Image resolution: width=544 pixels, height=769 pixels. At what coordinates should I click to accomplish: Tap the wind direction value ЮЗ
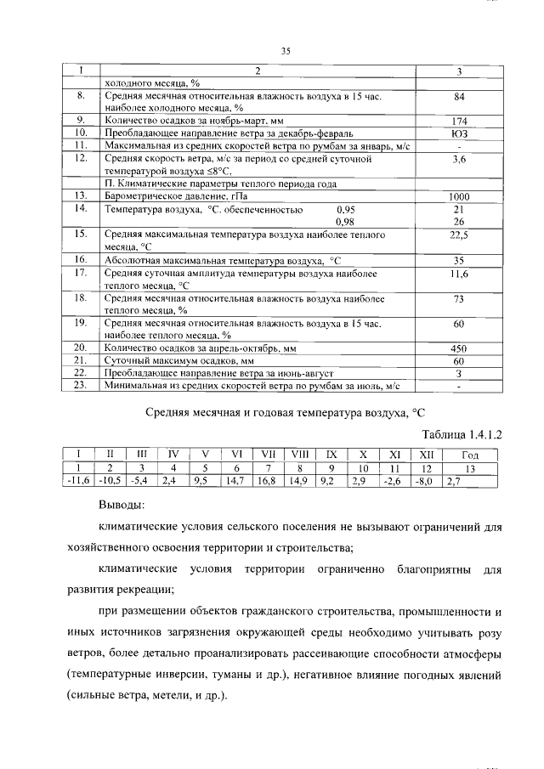pyautogui.click(x=458, y=133)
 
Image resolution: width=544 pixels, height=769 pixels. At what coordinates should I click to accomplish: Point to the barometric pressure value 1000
pyautogui.click(x=458, y=196)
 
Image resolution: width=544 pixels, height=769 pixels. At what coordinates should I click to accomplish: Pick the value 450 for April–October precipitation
pyautogui.click(x=458, y=348)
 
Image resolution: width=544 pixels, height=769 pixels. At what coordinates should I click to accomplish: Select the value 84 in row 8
pyautogui.click(x=458, y=97)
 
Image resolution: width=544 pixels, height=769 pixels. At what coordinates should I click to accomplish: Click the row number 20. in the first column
pyautogui.click(x=82, y=348)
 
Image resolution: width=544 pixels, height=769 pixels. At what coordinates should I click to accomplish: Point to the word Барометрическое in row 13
pyautogui.click(x=144, y=196)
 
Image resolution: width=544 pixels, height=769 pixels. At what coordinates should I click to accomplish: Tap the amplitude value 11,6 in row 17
pyautogui.click(x=458, y=274)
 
